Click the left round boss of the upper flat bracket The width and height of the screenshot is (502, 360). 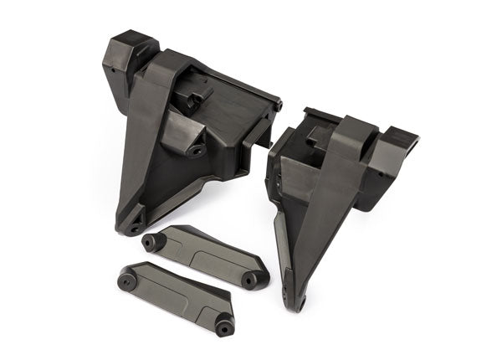(151, 243)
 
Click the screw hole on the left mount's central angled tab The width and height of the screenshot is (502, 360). (197, 152)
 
